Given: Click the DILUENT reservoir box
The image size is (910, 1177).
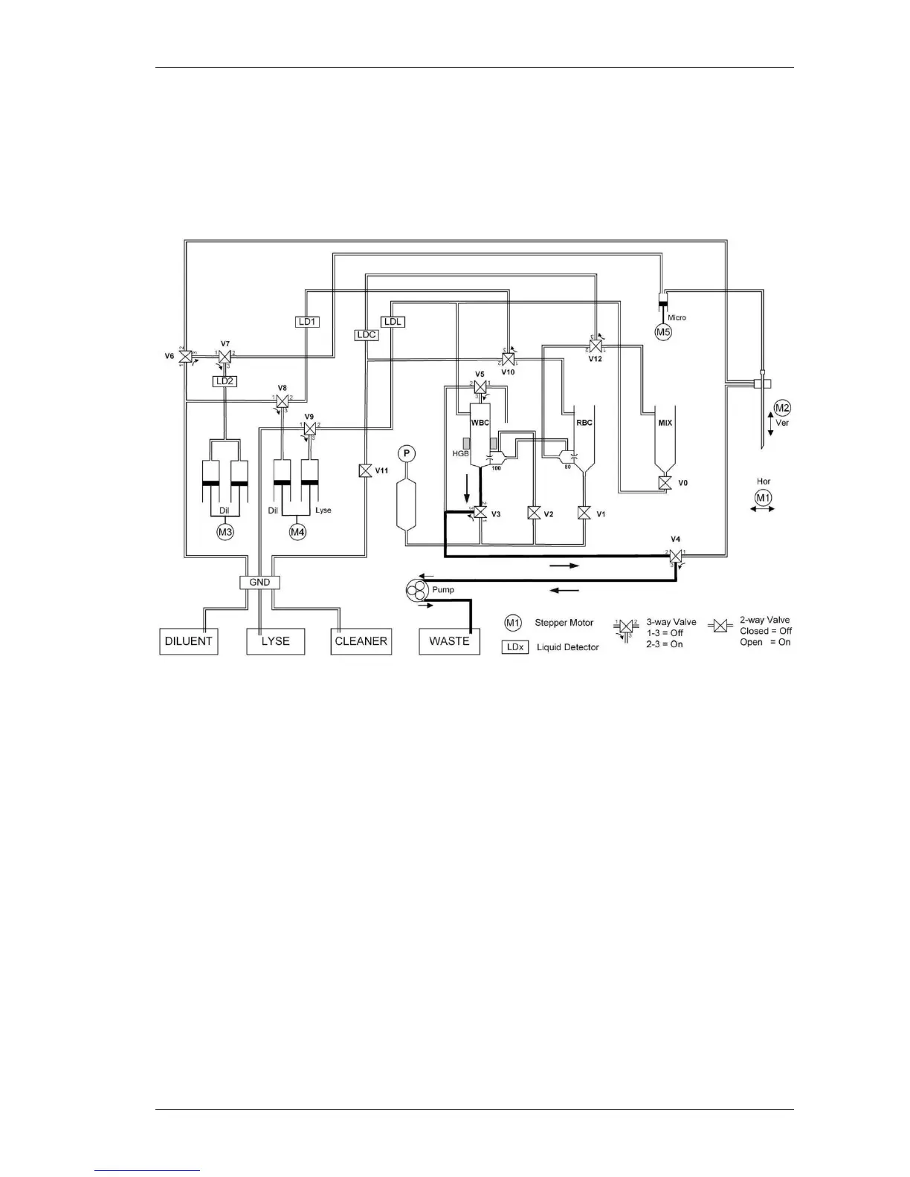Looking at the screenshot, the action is click(189, 641).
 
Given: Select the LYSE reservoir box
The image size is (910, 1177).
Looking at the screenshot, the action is click(275, 641).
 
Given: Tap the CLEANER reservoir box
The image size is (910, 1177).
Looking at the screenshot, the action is click(361, 641).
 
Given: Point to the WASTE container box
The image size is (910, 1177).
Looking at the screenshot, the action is click(449, 641).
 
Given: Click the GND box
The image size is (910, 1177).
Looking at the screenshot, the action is click(259, 583).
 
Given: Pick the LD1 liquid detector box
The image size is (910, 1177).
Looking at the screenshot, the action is click(307, 322).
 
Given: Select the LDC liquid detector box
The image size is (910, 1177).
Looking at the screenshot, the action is click(367, 334).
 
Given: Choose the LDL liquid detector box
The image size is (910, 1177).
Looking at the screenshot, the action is click(393, 322).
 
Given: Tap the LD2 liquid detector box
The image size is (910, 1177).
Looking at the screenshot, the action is click(224, 381).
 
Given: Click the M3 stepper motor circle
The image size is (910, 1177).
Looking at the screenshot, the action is click(225, 532).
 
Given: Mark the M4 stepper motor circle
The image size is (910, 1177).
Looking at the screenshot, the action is click(298, 532).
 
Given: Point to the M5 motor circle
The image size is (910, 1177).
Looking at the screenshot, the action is click(663, 332).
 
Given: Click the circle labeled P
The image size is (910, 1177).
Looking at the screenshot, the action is click(406, 453).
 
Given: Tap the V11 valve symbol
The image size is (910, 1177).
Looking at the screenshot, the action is click(365, 471).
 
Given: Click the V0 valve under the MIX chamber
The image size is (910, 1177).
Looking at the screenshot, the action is click(665, 483).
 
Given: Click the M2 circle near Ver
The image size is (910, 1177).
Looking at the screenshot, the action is click(782, 407).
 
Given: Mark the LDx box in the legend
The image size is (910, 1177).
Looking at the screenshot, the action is click(515, 647).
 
